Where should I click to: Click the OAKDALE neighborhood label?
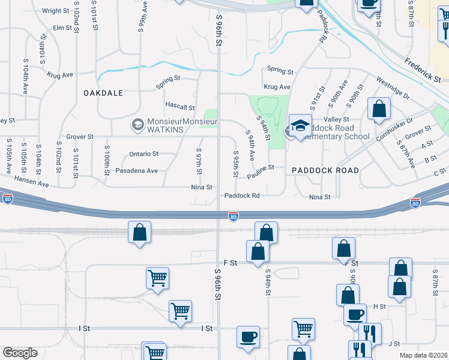(x=103, y=93)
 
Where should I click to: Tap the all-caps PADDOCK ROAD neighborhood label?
(x=325, y=170)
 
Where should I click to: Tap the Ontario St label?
(x=143, y=154)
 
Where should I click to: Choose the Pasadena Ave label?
(x=136, y=171)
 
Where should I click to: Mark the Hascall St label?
(x=180, y=107)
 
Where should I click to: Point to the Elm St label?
(x=62, y=28)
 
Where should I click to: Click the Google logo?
(x=20, y=353)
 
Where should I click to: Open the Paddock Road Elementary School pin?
(x=300, y=126)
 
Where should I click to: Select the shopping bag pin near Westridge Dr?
(x=379, y=109)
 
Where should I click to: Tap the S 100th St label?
(x=106, y=160)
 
